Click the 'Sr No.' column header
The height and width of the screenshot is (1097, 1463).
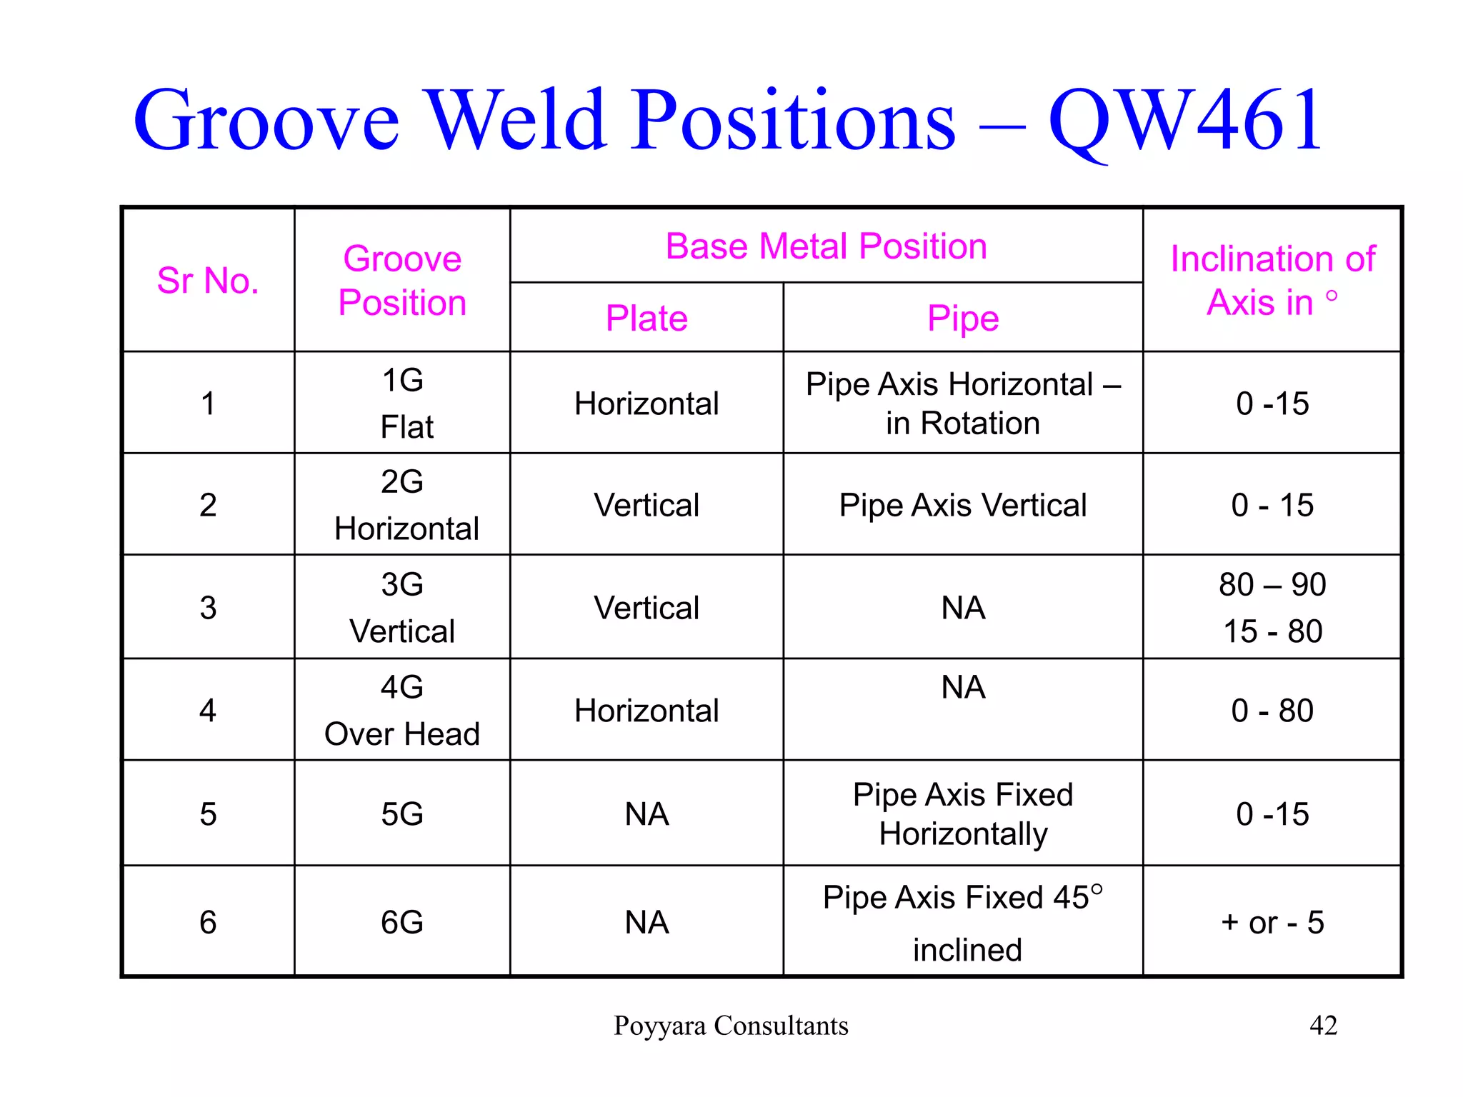[208, 280]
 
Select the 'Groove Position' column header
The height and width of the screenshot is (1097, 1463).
[402, 280]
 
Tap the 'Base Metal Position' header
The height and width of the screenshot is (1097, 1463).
[826, 246]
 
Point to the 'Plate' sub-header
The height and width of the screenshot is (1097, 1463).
[646, 318]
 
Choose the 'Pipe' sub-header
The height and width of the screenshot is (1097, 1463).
[962, 318]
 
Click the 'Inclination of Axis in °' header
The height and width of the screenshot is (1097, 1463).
[1272, 280]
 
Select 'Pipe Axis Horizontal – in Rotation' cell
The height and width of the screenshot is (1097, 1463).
[962, 404]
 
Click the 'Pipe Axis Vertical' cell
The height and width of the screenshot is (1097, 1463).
[962, 505]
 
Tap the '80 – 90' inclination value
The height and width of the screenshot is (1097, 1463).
[1272, 585]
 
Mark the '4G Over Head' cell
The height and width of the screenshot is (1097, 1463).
[402, 710]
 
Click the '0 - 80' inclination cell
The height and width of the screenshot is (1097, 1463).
[1272, 711]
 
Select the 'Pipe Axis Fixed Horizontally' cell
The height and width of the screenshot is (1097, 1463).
[962, 813]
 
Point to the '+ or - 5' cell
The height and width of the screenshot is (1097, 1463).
[1272, 922]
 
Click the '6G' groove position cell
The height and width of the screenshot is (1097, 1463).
[402, 922]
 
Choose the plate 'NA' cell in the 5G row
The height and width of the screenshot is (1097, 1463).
[646, 814]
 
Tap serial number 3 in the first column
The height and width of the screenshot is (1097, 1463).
[208, 608]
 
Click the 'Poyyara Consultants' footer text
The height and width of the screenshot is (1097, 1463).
[731, 1026]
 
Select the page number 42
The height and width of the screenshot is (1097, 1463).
[1323, 1026]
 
